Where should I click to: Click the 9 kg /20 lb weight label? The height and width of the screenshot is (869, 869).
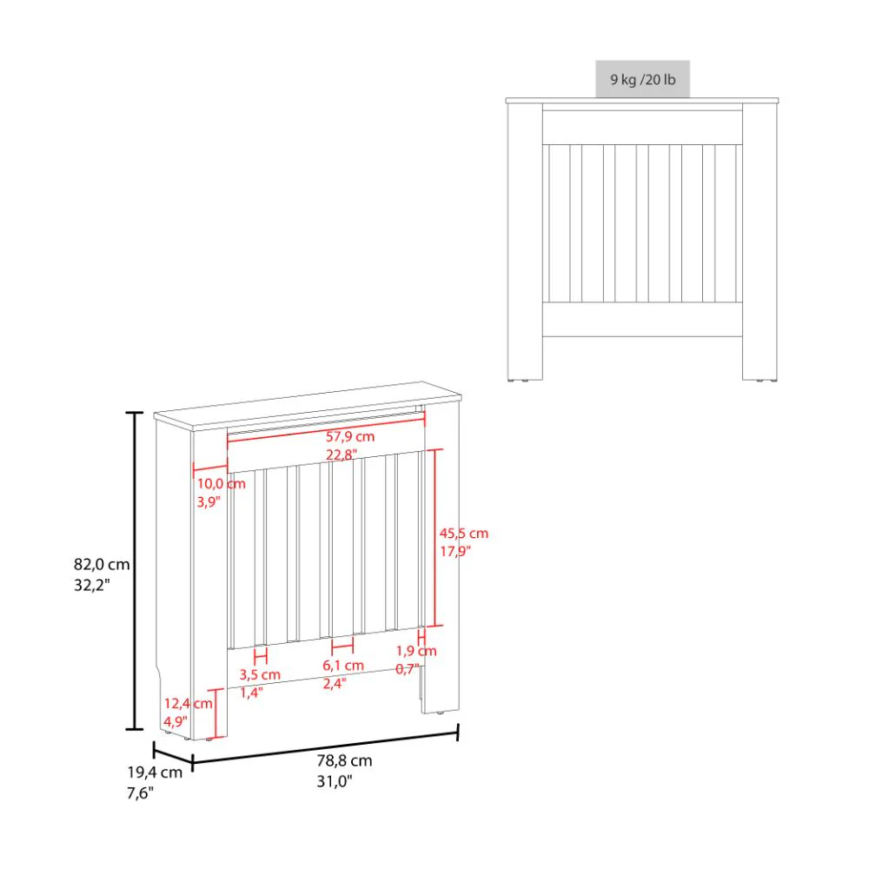click(x=642, y=80)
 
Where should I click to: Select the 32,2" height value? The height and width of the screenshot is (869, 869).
click(x=94, y=586)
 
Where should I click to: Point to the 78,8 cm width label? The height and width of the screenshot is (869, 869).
click(x=345, y=760)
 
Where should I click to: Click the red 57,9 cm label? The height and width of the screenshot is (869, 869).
click(x=350, y=436)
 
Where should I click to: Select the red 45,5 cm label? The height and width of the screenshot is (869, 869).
click(x=464, y=534)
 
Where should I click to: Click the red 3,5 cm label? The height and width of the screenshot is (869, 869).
click(x=260, y=674)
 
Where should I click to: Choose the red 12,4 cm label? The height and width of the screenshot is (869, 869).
click(x=187, y=703)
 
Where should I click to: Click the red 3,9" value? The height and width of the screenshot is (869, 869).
click(x=208, y=502)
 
